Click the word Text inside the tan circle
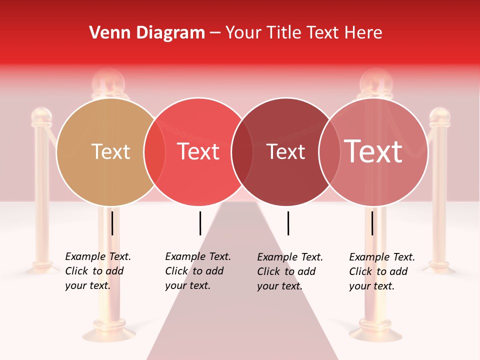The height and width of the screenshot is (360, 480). pos(111,151)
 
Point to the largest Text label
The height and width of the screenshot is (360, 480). pos(373,151)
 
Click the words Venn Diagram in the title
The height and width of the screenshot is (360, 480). pos(147,32)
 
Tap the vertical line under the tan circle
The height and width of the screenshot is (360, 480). pos(112,223)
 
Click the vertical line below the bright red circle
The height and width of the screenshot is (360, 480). pos(200,223)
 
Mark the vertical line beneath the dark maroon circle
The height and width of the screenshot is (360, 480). pos(288,223)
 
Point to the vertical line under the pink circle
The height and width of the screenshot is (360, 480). pos(372,223)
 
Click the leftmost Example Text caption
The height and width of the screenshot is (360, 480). pos(98,271)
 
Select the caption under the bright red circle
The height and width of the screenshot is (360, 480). pos(198,271)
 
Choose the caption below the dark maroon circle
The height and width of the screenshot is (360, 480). pos(290,271)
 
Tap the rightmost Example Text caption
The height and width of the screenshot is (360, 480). pos(382,271)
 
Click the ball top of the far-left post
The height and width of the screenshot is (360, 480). pos(41,116)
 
